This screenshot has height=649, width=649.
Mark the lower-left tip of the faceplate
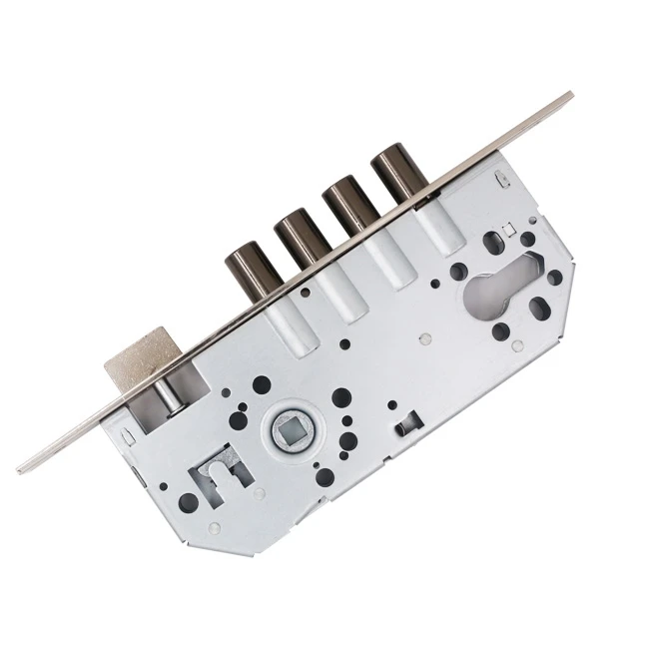click(21, 469)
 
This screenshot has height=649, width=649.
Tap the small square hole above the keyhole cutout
click(506, 234)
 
